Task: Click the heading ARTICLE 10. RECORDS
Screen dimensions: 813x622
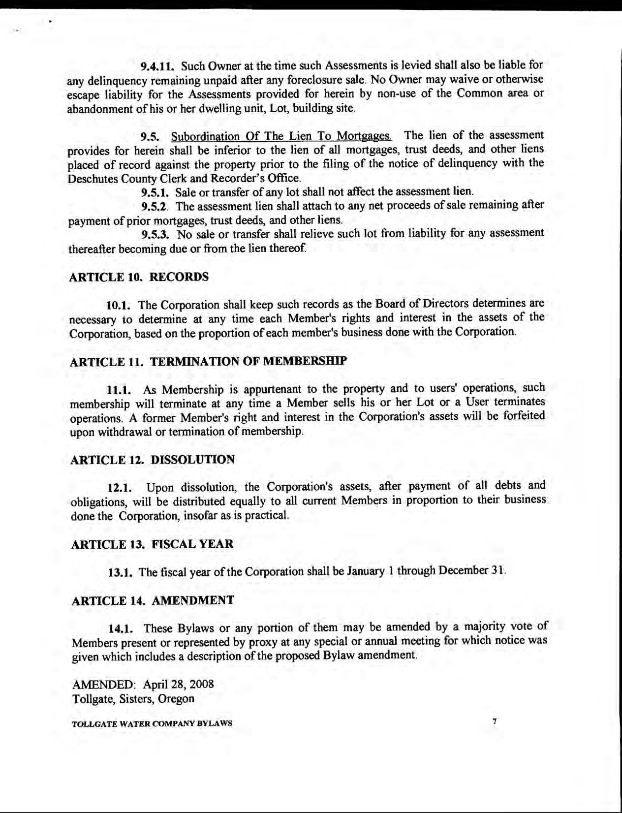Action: [x=139, y=277]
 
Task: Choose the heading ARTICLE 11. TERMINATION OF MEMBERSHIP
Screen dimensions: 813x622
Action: [x=208, y=361]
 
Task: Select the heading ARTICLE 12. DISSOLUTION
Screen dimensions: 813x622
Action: [x=153, y=460]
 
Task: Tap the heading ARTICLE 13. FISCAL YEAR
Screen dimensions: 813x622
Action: [x=152, y=544]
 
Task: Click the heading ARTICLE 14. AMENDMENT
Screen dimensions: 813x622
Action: [x=153, y=600]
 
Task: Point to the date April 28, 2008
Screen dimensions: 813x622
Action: [x=178, y=684]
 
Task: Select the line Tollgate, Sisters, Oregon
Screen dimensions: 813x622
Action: [x=133, y=699]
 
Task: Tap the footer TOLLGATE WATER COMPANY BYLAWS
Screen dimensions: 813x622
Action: [x=152, y=724]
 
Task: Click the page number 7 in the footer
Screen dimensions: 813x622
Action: [x=495, y=721]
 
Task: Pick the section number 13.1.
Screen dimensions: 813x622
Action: [x=121, y=572]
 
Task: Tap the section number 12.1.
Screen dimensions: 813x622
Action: [x=120, y=488]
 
